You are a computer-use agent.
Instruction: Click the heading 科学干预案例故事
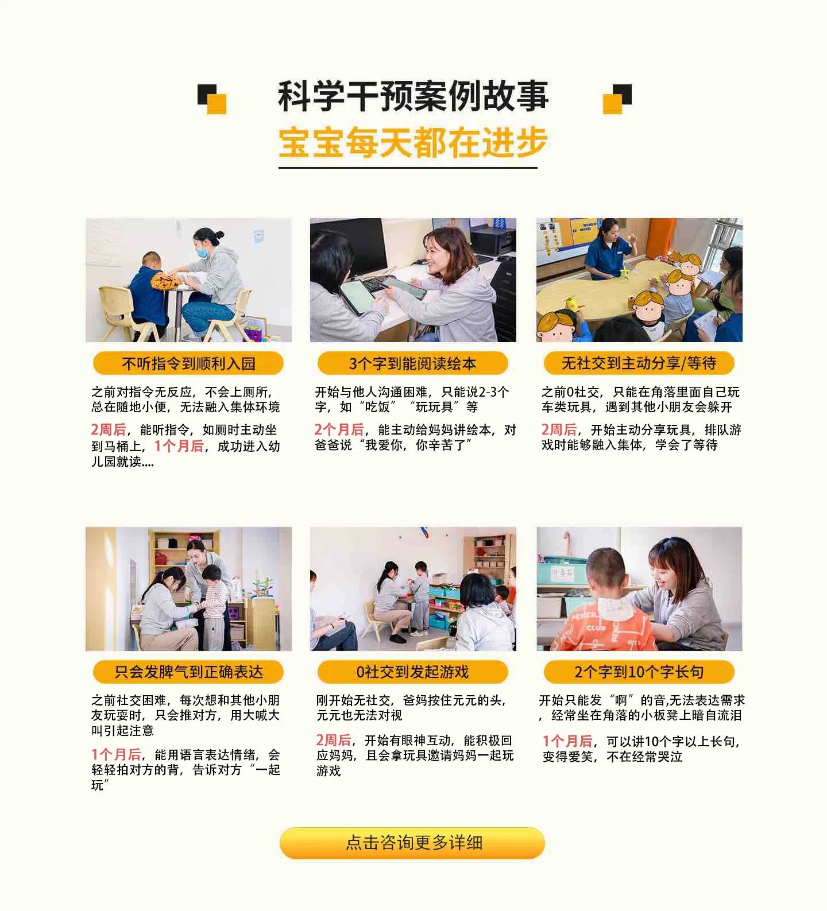pos(413,96)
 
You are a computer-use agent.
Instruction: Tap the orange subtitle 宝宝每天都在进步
pos(413,142)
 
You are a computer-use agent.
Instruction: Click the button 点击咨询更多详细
pos(412,843)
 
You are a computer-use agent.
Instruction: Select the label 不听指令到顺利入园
pos(188,363)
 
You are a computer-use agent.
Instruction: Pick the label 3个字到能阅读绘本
pos(412,363)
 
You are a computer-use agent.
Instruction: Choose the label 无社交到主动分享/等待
pos(639,363)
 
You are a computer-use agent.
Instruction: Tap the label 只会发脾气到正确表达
pos(188,672)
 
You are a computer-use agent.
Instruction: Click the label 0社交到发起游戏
pos(412,672)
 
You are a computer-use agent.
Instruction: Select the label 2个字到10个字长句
pos(639,672)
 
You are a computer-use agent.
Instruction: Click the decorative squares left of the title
pos(212,99)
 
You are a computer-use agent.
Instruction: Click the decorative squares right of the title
pos(617,99)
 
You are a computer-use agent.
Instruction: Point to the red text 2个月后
pos(339,429)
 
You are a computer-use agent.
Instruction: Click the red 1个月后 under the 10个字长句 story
pos(567,741)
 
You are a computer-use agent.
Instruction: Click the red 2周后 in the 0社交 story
pos(334,740)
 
